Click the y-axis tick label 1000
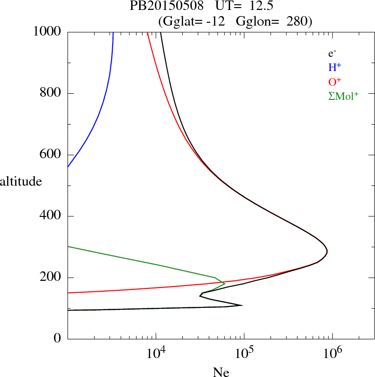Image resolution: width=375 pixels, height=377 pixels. pos(48,32)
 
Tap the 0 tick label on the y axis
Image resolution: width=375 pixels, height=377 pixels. pos(58,339)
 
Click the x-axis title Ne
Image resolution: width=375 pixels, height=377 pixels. pos(221,372)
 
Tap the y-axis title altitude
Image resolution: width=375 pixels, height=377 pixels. pos(21,181)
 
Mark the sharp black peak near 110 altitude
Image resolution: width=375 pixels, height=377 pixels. pos(242,305)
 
